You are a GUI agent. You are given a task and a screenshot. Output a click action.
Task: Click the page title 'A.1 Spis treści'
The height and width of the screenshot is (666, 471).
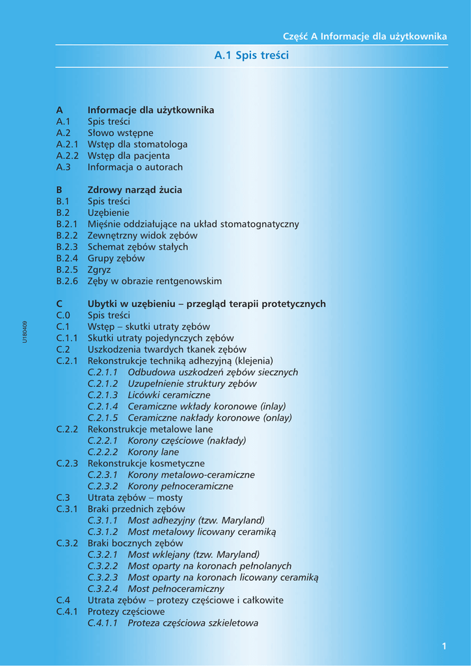[251, 56]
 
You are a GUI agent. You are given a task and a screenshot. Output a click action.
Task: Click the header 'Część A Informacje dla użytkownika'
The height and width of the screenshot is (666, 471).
[365, 36]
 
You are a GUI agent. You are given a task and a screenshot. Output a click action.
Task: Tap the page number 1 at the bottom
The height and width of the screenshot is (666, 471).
[444, 646]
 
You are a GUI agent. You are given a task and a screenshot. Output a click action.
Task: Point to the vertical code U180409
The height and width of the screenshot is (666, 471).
[25, 332]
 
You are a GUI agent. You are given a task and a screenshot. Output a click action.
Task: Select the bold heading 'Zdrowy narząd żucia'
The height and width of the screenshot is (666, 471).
[135, 190]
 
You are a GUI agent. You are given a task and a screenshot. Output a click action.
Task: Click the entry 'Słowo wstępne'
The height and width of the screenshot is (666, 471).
[120, 133]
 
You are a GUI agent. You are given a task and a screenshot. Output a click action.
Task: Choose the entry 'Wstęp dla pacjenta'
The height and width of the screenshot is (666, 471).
[129, 155]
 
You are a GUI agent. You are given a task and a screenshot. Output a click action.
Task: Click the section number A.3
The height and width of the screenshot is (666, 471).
[64, 167]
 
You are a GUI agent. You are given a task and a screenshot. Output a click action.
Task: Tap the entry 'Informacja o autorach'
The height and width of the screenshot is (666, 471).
[135, 167]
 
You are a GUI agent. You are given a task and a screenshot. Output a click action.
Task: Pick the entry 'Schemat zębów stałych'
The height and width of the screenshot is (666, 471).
[138, 247]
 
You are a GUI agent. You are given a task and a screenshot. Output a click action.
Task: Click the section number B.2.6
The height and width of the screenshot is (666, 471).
[67, 281]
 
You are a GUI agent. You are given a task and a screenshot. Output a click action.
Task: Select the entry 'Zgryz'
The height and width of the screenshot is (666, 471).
[100, 270]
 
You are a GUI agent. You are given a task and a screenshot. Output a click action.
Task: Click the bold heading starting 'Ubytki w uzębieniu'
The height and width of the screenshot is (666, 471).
[207, 304]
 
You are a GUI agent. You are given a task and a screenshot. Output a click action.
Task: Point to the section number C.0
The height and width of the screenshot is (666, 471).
[63, 315]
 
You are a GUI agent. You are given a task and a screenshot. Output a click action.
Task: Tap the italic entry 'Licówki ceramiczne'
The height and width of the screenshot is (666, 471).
[169, 395]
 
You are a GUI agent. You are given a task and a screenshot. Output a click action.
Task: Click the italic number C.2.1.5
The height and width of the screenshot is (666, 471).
[103, 418]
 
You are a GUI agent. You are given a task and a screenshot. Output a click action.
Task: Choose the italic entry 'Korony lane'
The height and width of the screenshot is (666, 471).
[154, 452]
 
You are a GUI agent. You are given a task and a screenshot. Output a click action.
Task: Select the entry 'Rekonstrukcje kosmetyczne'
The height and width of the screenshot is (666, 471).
[146, 463]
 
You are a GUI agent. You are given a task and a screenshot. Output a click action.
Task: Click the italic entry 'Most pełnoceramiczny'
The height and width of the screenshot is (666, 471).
[176, 589]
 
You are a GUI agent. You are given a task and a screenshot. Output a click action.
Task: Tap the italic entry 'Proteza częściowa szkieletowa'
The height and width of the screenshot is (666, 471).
[193, 623]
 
